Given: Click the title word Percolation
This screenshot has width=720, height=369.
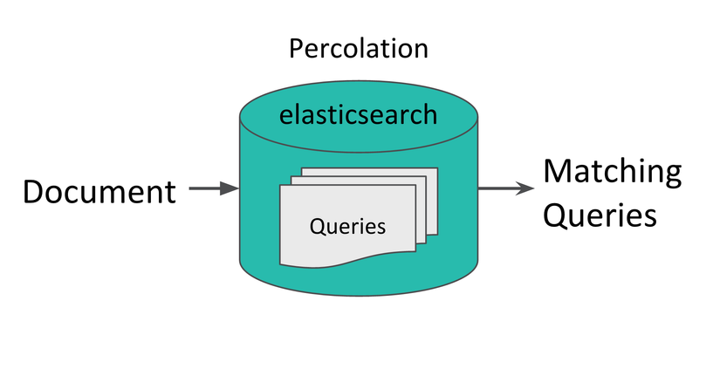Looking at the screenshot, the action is pos(359,48).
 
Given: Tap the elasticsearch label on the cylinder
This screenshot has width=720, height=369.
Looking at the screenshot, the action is pos(358,114).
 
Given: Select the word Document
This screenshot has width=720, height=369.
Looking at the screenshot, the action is pos(99,191).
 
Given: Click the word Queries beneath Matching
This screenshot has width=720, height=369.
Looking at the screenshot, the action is pos(600,215).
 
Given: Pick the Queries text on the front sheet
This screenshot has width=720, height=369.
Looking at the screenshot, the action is pos(347,226).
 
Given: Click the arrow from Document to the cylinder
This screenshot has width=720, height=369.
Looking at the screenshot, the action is pos(215,188).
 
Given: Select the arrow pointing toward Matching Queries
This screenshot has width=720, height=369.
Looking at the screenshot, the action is pos(506,188).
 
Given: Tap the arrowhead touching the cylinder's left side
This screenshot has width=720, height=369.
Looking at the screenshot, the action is pos(230,188).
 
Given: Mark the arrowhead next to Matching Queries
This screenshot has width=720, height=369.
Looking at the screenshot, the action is pos(525,188).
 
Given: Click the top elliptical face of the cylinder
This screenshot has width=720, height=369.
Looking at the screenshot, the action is pos(359,117).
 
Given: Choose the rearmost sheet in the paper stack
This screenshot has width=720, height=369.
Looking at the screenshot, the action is pos(432,201).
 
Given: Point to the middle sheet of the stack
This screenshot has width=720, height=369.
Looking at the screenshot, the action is pos(421,211).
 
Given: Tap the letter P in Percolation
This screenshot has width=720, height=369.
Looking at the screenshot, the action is pos(296,48).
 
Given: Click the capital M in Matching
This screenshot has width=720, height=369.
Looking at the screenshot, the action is pos(557,172).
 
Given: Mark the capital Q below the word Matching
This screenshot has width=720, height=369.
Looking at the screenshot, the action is pos(555,215).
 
